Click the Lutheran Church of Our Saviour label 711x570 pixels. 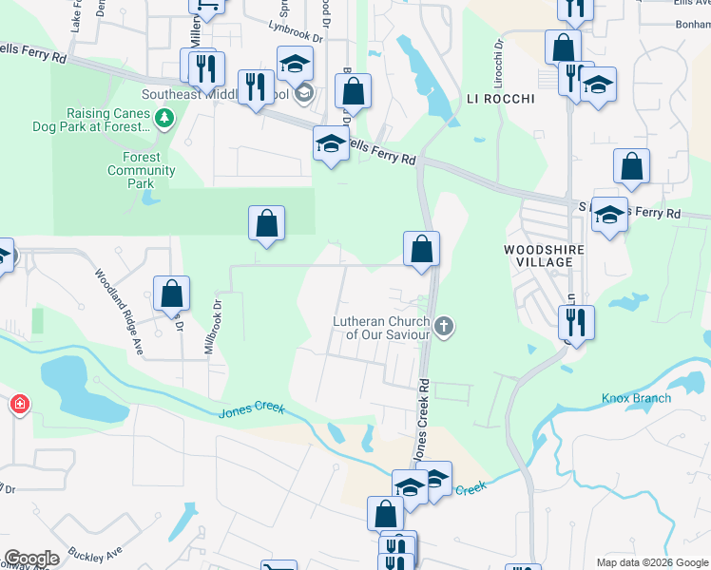point(380,328)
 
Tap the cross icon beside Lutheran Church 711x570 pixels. point(443,328)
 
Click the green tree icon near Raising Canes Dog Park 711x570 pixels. point(166,117)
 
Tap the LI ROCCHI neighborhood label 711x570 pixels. point(501,99)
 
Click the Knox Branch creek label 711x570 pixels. point(637,398)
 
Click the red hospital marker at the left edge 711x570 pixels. point(19,406)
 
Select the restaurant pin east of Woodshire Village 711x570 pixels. point(576,320)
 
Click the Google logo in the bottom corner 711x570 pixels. point(31,559)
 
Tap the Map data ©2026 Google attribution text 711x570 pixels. point(653,562)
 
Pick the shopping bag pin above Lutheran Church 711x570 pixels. point(421,249)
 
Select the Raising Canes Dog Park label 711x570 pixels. point(109,119)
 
